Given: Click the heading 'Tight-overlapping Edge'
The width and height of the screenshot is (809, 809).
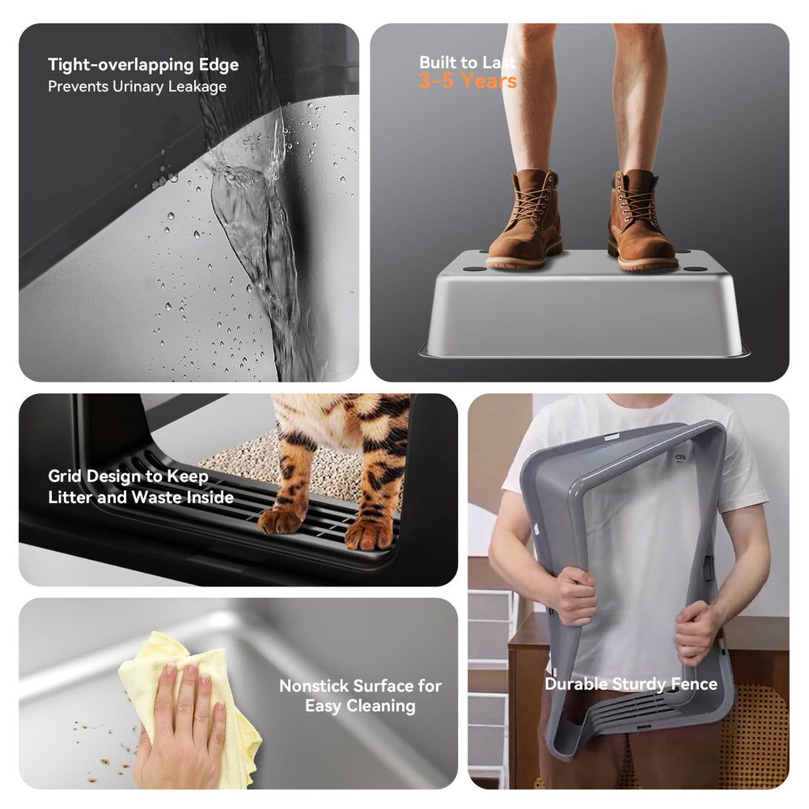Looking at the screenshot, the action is pos(143,65).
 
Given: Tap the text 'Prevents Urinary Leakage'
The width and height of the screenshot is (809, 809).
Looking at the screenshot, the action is pos(138,87).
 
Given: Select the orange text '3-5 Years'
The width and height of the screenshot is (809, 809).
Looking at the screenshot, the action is pos(468,81).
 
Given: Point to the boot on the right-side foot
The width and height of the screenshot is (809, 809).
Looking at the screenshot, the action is pos(641,221).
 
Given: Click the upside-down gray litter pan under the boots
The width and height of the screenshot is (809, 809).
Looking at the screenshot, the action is pos(584,304).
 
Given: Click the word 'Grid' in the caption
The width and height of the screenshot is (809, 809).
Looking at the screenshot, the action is pos(65,476).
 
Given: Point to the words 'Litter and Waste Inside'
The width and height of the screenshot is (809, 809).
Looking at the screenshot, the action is pos(141,497).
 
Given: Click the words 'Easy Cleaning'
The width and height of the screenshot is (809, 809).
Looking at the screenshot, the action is pos(360,705).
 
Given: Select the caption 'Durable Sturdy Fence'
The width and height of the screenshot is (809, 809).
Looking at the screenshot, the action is pos(631,684).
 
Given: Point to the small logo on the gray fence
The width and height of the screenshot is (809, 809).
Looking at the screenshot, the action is pos(680,457).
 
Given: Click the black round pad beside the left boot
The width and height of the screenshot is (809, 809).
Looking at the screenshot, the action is pos(473,269).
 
